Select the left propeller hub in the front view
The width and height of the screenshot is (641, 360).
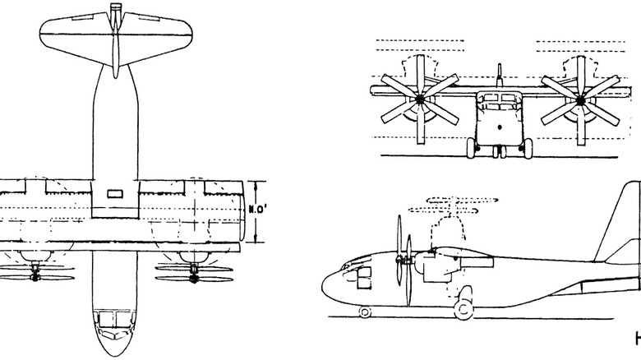coord(420,100)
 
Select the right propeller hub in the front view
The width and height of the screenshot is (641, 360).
coord(580,100)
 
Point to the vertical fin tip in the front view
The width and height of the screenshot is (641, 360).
coord(500,65)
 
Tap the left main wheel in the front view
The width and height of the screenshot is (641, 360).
coord(472,149)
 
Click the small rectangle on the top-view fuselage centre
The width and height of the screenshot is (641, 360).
coord(113,195)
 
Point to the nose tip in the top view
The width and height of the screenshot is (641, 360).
coord(113,356)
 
